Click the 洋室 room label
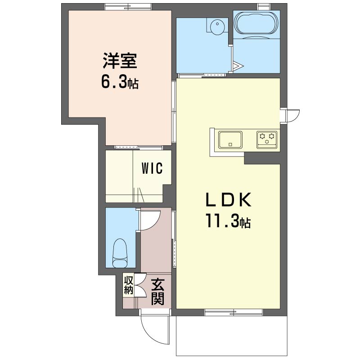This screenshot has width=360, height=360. [120, 61]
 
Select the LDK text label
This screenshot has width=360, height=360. [228, 200]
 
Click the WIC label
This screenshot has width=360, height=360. [152, 168]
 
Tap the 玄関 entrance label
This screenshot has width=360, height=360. [157, 292]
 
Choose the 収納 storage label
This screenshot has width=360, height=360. [129, 285]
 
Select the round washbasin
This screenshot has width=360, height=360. [217, 27]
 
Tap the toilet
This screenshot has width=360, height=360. [120, 253]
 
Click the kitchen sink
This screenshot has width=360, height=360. [230, 140]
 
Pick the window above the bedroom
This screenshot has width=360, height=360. [128, 7]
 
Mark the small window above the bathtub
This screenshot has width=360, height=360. [261, 7]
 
